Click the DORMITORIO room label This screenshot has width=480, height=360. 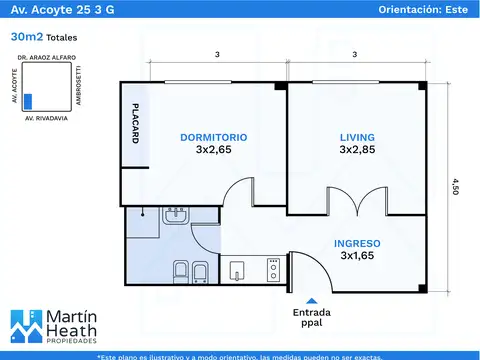(214, 136)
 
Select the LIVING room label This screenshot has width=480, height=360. (355, 136)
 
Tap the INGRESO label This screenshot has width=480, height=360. (356, 242)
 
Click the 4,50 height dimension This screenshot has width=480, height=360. (456, 187)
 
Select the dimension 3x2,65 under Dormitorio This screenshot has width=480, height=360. (214, 150)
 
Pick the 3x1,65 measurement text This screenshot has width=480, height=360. (356, 256)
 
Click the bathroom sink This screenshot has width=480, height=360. (176, 215)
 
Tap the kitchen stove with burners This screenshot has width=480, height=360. (272, 268)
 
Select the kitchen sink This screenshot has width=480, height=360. (237, 269)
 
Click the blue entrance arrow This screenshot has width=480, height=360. (313, 299)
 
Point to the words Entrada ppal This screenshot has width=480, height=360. (313, 317)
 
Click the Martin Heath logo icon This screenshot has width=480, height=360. (23, 326)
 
